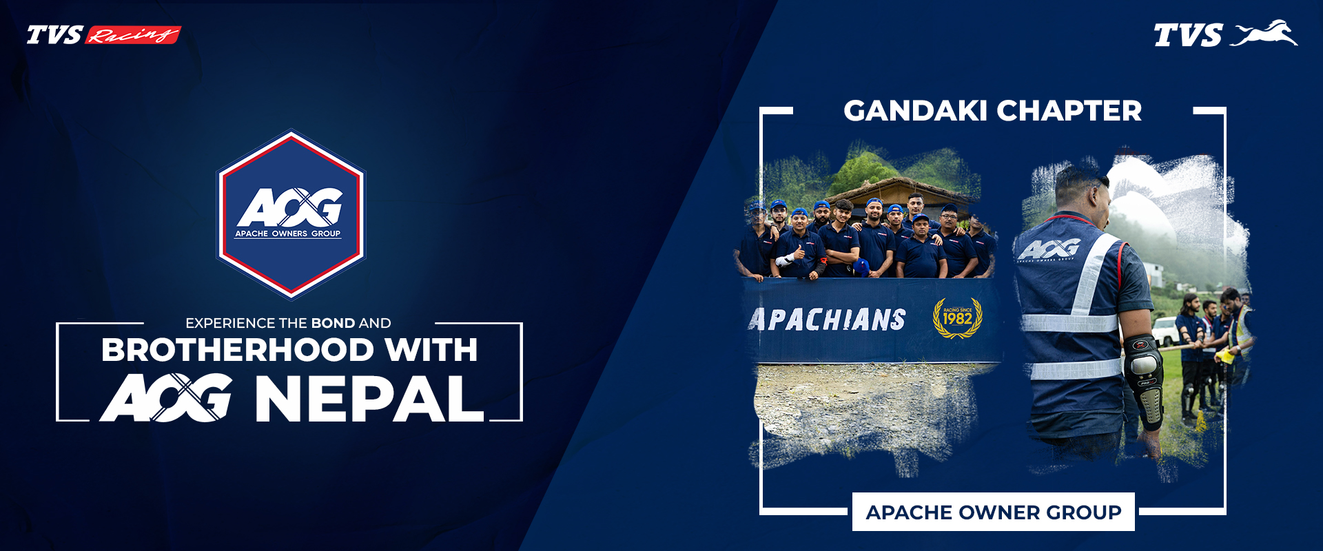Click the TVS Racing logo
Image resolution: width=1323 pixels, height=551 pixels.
pyautogui.click(x=103, y=34)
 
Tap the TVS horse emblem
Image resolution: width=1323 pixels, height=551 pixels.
pyautogui.click(x=1264, y=34)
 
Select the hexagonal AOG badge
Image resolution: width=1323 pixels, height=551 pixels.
pyautogui.click(x=290, y=214)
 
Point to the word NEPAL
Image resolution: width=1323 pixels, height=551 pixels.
pyautogui.click(x=369, y=399)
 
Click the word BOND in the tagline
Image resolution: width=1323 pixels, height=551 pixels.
pyautogui.click(x=333, y=323)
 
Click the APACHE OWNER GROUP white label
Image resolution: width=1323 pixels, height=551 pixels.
pyautogui.click(x=993, y=512)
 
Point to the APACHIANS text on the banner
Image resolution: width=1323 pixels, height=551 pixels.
pyautogui.click(x=827, y=320)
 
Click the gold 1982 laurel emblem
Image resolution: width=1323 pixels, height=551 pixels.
pyautogui.click(x=957, y=318)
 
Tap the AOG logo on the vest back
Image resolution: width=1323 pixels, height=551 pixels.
pyautogui.click(x=1049, y=249)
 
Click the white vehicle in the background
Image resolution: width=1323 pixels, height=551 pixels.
pyautogui.click(x=1164, y=331)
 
